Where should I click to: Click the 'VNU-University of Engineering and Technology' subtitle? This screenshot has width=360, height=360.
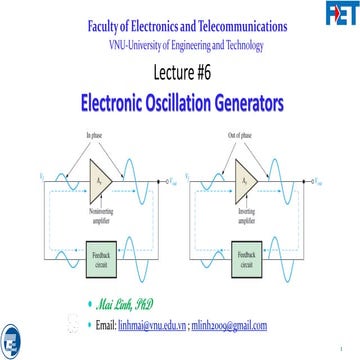point(180,45)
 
